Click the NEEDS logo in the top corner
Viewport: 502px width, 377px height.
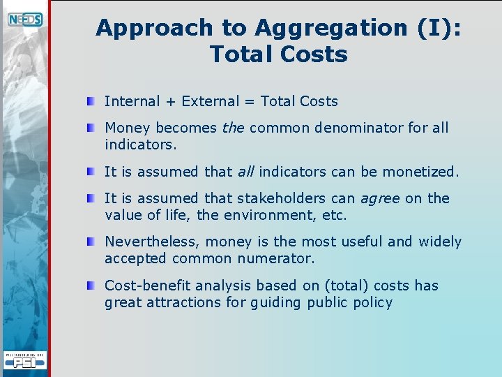tap(25, 20)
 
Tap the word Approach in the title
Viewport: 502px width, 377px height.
tap(154, 28)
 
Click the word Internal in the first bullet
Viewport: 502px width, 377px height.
tap(132, 101)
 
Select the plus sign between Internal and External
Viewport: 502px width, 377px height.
tap(171, 102)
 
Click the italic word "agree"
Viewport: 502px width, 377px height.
tap(380, 199)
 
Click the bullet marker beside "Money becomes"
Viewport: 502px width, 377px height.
tap(91, 128)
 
